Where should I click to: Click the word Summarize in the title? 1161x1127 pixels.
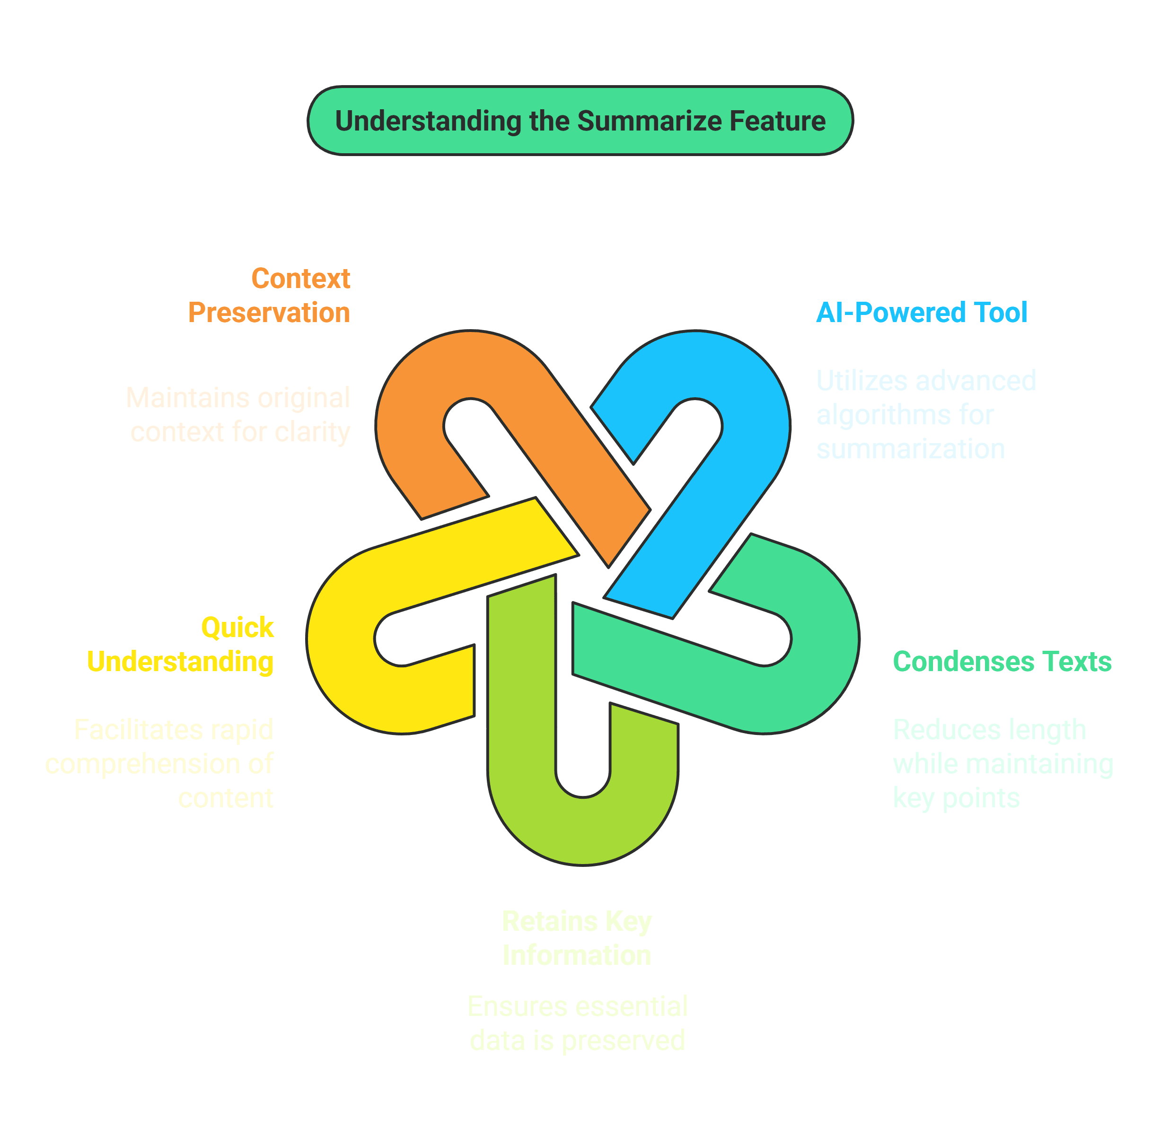coord(650,122)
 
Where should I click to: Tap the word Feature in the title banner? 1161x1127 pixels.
coord(777,122)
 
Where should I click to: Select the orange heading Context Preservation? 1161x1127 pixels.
coord(270,296)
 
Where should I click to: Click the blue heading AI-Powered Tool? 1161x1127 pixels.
coord(921,312)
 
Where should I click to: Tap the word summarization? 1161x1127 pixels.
coord(910,449)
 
